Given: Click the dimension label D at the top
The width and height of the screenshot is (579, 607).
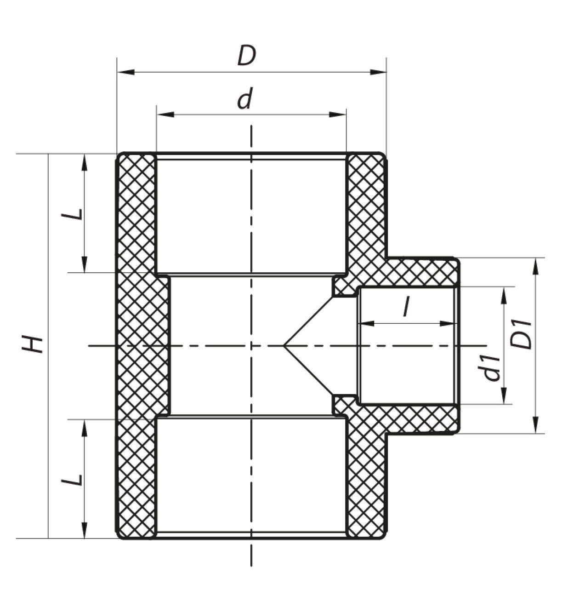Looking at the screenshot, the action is pos(247,56).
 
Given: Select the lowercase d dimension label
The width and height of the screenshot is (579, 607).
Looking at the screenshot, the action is pos(245,99).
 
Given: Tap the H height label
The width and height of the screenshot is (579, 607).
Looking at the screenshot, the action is pos(32,344).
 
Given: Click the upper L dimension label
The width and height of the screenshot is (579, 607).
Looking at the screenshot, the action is pos(72,214).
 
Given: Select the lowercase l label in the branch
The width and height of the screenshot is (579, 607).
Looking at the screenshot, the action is pos(406,306).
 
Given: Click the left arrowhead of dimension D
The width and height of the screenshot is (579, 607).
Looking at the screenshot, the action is pos(126,72).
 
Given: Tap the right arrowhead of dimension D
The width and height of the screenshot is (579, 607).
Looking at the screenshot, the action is pos(378,72).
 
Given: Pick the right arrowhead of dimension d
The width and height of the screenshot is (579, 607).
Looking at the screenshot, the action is pos(338,115).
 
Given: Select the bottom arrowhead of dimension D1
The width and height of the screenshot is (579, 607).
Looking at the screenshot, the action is pos(536,425).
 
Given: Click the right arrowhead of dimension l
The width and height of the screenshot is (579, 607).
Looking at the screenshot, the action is pos(448,324).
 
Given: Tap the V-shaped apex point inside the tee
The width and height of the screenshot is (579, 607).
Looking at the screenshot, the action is pos(284,345).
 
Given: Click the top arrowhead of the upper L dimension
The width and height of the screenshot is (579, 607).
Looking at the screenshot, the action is pos(84,162).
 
